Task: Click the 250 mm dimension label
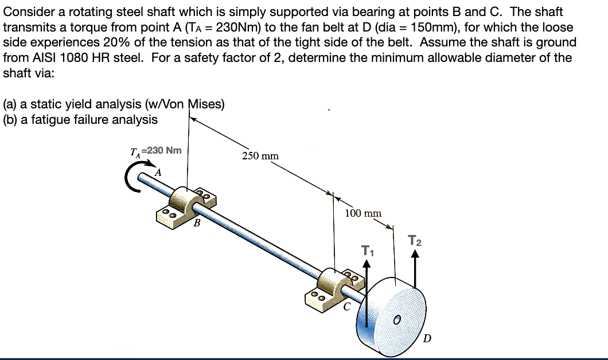click(260, 156)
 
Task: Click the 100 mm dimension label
click(363, 213)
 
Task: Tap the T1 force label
click(368, 251)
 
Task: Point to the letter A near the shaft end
click(159, 171)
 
